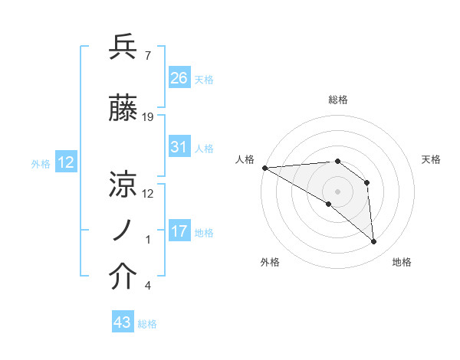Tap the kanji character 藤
123,109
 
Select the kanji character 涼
123,184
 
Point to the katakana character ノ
123,230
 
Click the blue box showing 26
179,77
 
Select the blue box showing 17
179,231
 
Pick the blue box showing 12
66,162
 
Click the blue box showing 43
123,322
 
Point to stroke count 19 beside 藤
148,117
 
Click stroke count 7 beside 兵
147,56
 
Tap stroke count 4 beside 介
147,286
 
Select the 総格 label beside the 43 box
147,324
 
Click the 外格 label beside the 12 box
40,164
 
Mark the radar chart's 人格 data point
264,168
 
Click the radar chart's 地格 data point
374,242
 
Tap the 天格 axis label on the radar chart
432,159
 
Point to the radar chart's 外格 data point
328,204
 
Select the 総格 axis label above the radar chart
337,100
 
